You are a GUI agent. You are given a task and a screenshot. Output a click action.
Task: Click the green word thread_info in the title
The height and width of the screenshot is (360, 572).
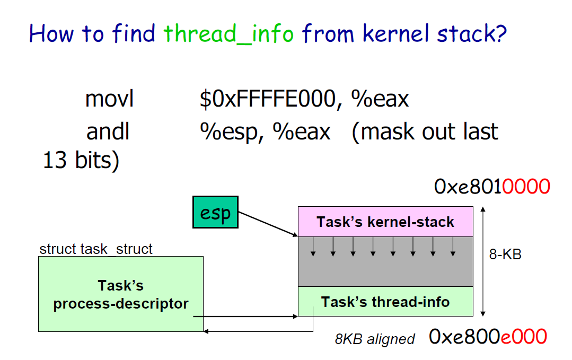pyautogui.click(x=228, y=34)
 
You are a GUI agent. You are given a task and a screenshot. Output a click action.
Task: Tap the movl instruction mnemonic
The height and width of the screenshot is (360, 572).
pyautogui.click(x=109, y=99)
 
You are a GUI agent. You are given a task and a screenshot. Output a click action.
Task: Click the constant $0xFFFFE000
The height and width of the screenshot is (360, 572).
pyautogui.click(x=267, y=99)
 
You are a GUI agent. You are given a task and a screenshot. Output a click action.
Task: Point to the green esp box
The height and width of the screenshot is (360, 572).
pyautogui.click(x=215, y=213)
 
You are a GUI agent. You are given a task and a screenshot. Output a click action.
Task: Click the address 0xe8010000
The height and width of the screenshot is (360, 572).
pyautogui.click(x=492, y=187)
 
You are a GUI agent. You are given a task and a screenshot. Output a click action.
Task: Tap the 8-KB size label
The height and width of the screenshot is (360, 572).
pyautogui.click(x=505, y=254)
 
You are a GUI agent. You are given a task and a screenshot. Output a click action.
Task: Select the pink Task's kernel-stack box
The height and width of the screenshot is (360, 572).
pyautogui.click(x=385, y=221)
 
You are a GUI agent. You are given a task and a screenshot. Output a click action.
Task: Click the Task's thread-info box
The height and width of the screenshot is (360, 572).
pyautogui.click(x=385, y=302)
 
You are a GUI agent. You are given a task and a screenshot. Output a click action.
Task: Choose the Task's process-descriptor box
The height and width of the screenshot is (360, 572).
pyautogui.click(x=120, y=294)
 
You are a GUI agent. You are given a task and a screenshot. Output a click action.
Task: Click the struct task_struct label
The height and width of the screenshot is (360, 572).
pyautogui.click(x=96, y=249)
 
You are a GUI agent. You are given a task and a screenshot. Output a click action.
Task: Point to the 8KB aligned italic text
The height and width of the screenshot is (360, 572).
pyautogui.click(x=374, y=339)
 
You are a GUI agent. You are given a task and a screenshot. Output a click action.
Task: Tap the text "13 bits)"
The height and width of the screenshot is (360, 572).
pyautogui.click(x=81, y=161)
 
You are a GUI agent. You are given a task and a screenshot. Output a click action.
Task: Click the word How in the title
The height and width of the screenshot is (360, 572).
pyautogui.click(x=52, y=34)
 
